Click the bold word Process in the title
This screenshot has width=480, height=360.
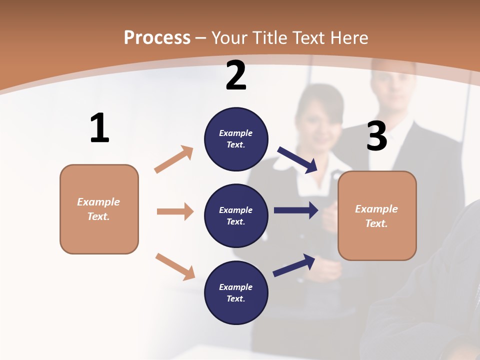click(x=157, y=38)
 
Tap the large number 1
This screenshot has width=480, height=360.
click(x=99, y=128)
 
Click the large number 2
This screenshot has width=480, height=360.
click(x=236, y=76)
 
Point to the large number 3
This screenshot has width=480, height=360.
click(x=376, y=136)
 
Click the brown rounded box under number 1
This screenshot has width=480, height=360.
click(x=99, y=209)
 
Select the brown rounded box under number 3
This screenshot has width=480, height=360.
click(x=377, y=216)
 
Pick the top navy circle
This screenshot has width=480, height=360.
click(x=236, y=139)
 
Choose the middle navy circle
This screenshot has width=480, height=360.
click(x=236, y=215)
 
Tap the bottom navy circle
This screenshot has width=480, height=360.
click(x=236, y=292)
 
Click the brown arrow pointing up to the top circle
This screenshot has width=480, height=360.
click(x=174, y=159)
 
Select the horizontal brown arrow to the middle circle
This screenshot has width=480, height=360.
click(x=175, y=211)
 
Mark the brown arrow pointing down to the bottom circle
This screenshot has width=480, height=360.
click(x=175, y=266)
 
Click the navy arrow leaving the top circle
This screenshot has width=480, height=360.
click(x=298, y=159)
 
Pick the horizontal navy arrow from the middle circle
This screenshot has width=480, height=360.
click(x=296, y=210)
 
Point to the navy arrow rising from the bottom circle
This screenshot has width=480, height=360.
click(x=294, y=265)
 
